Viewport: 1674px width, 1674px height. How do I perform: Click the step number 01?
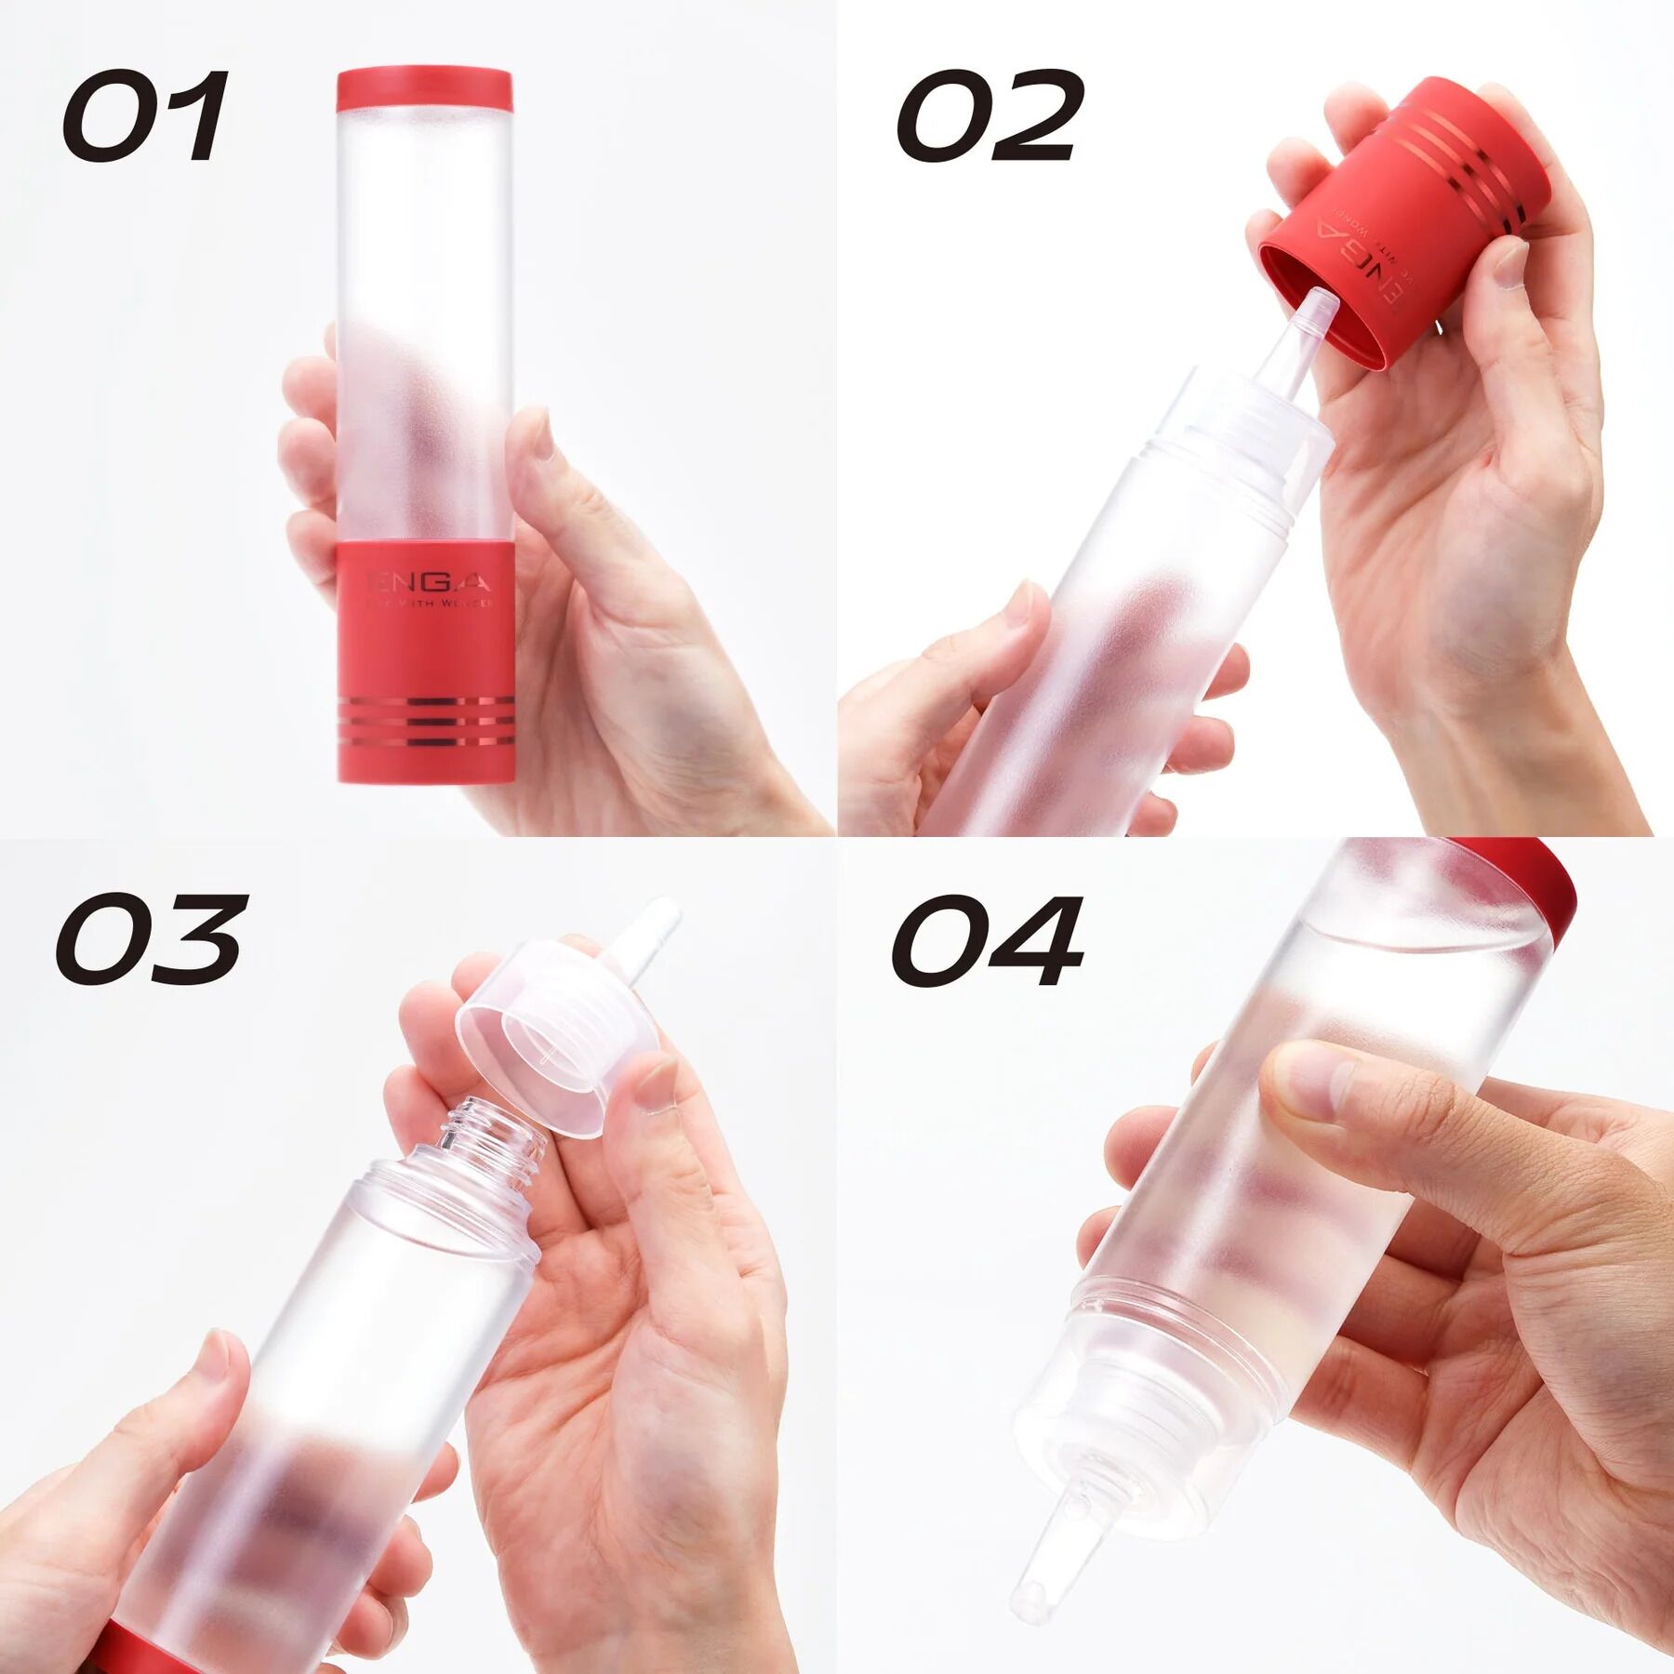coord(144,116)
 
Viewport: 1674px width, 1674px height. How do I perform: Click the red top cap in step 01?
coord(424,89)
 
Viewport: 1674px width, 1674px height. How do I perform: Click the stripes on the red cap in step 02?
coord(1451,158)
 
